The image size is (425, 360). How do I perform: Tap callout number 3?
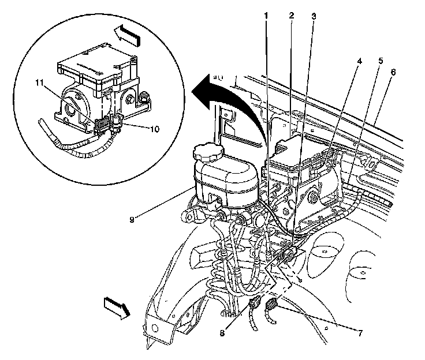[312, 16]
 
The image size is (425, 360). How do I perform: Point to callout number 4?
[359, 59]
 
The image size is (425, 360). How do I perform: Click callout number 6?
[393, 72]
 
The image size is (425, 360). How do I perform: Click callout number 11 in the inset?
[39, 84]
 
